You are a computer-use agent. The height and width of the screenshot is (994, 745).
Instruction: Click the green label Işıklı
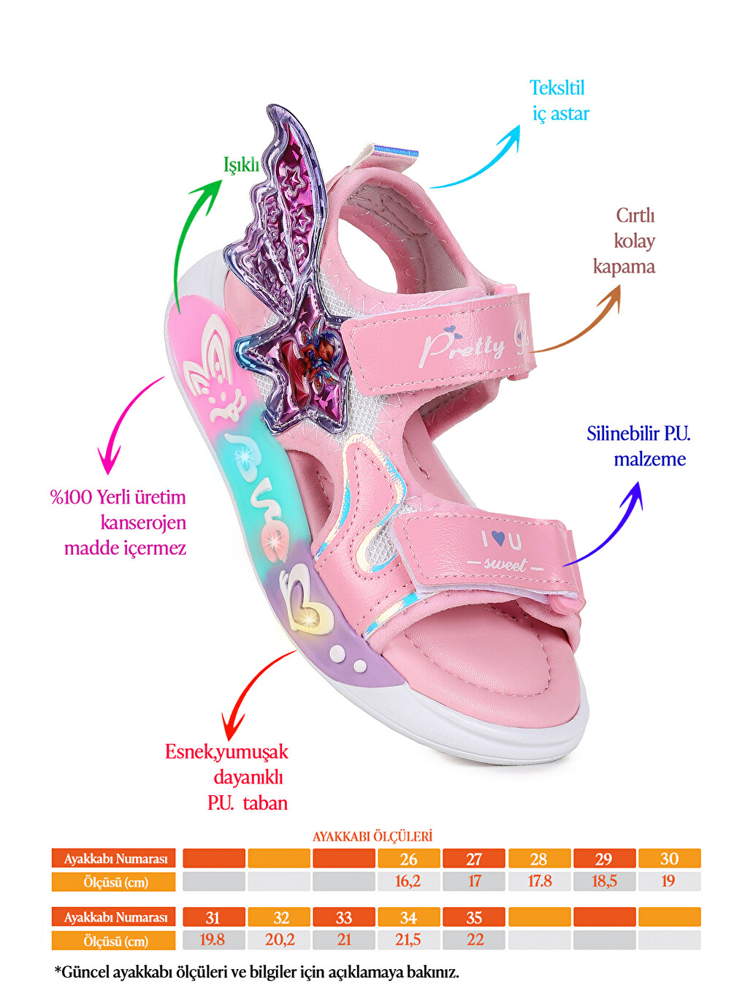point(241,166)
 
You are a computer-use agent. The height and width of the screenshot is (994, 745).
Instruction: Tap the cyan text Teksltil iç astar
point(560,101)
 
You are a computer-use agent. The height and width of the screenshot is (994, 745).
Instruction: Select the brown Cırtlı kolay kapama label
point(624,241)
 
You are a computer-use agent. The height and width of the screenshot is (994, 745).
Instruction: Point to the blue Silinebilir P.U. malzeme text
point(638,446)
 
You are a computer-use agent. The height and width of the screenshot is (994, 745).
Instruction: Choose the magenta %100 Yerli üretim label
point(118,497)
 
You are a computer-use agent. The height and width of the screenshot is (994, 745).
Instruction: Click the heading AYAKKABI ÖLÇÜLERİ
point(372,836)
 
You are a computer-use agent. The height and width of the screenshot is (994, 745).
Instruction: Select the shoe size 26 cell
point(408,859)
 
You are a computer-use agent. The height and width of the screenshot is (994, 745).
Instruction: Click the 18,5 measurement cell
point(604,881)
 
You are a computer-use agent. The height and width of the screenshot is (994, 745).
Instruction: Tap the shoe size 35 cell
point(473,917)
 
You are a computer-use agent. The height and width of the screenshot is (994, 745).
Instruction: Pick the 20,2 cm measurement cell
point(279,940)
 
